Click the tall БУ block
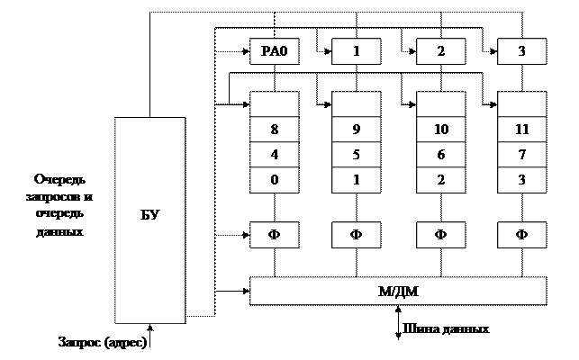click(149, 220)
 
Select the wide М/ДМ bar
click(397, 291)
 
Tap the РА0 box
click(274, 51)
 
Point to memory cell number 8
click(274, 129)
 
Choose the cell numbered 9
click(356, 129)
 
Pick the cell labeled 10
click(440, 129)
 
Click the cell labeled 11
click(521, 129)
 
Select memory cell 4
click(274, 154)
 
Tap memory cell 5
click(356, 154)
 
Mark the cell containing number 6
click(440, 154)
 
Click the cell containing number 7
click(521, 154)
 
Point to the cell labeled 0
click(274, 179)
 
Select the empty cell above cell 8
click(274, 103)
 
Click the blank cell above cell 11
click(521, 103)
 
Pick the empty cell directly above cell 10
click(440, 103)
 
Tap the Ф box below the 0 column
click(274, 235)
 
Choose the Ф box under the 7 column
click(521, 235)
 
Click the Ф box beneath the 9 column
click(356, 235)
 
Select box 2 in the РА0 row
click(440, 51)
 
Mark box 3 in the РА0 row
click(521, 51)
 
